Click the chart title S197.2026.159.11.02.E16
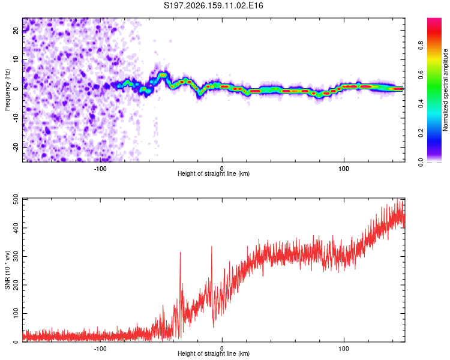tap(213, 5)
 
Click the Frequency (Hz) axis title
tap(7, 90)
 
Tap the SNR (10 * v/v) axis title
tap(7, 270)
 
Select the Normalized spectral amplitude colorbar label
tap(445, 90)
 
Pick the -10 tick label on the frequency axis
tap(16, 118)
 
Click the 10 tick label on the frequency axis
tap(16, 59)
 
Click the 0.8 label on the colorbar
tap(421, 46)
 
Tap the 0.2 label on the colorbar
tap(421, 133)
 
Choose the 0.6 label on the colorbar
tap(421, 74)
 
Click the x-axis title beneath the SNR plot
tap(214, 353)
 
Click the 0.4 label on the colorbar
tap(421, 104)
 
